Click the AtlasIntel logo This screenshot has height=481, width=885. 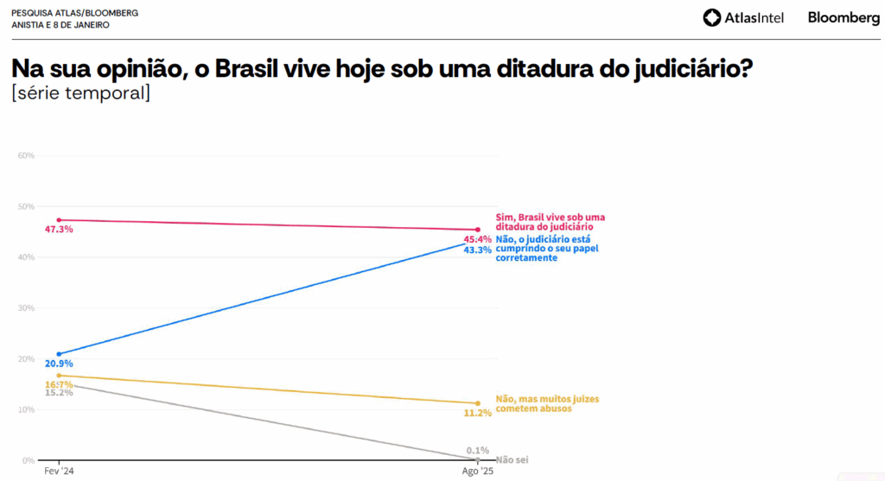coord(742,17)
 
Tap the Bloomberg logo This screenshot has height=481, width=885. coord(844,17)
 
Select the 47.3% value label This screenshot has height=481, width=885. coord(59,230)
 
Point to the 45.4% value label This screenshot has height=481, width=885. coord(478,239)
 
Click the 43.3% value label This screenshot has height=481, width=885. coord(478,250)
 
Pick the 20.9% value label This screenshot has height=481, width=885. coord(59,364)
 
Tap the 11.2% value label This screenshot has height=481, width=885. coord(478,413)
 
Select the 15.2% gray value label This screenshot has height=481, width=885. coord(59,393)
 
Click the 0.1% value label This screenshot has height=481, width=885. coord(478,450)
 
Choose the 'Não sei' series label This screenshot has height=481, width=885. coord(512,460)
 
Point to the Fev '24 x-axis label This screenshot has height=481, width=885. coord(59,473)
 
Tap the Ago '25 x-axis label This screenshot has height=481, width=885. coord(477,473)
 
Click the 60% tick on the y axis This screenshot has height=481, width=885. coord(25,155)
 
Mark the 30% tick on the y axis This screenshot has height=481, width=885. coord(25,308)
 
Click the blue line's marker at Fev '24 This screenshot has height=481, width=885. coord(59,354)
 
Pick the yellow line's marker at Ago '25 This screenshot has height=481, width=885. coord(477,403)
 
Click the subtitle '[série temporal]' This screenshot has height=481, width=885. coord(80,92)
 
